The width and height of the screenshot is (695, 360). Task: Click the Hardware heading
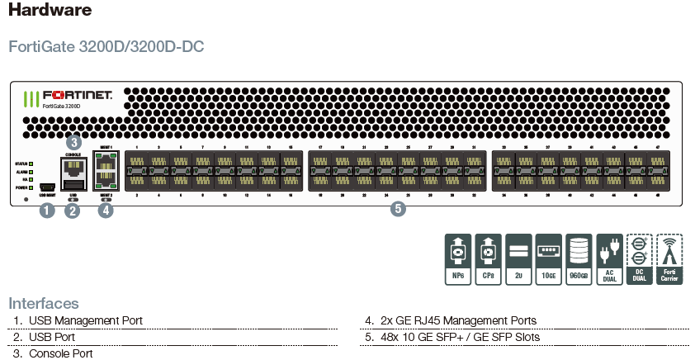coord(50,11)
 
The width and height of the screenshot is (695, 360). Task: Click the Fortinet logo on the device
coord(69,97)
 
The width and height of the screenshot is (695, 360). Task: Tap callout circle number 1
coord(47,211)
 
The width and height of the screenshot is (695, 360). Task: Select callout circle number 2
coord(73,211)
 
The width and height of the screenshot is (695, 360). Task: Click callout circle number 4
coord(105,211)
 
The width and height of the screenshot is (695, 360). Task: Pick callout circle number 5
coord(398,209)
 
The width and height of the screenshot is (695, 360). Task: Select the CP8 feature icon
coord(488,258)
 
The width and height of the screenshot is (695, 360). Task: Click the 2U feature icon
coord(518,258)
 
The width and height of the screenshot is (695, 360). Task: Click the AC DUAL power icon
coord(609,258)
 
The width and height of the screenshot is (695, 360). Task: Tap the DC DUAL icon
coord(640,258)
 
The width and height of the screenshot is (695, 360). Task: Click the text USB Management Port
coord(85,320)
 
